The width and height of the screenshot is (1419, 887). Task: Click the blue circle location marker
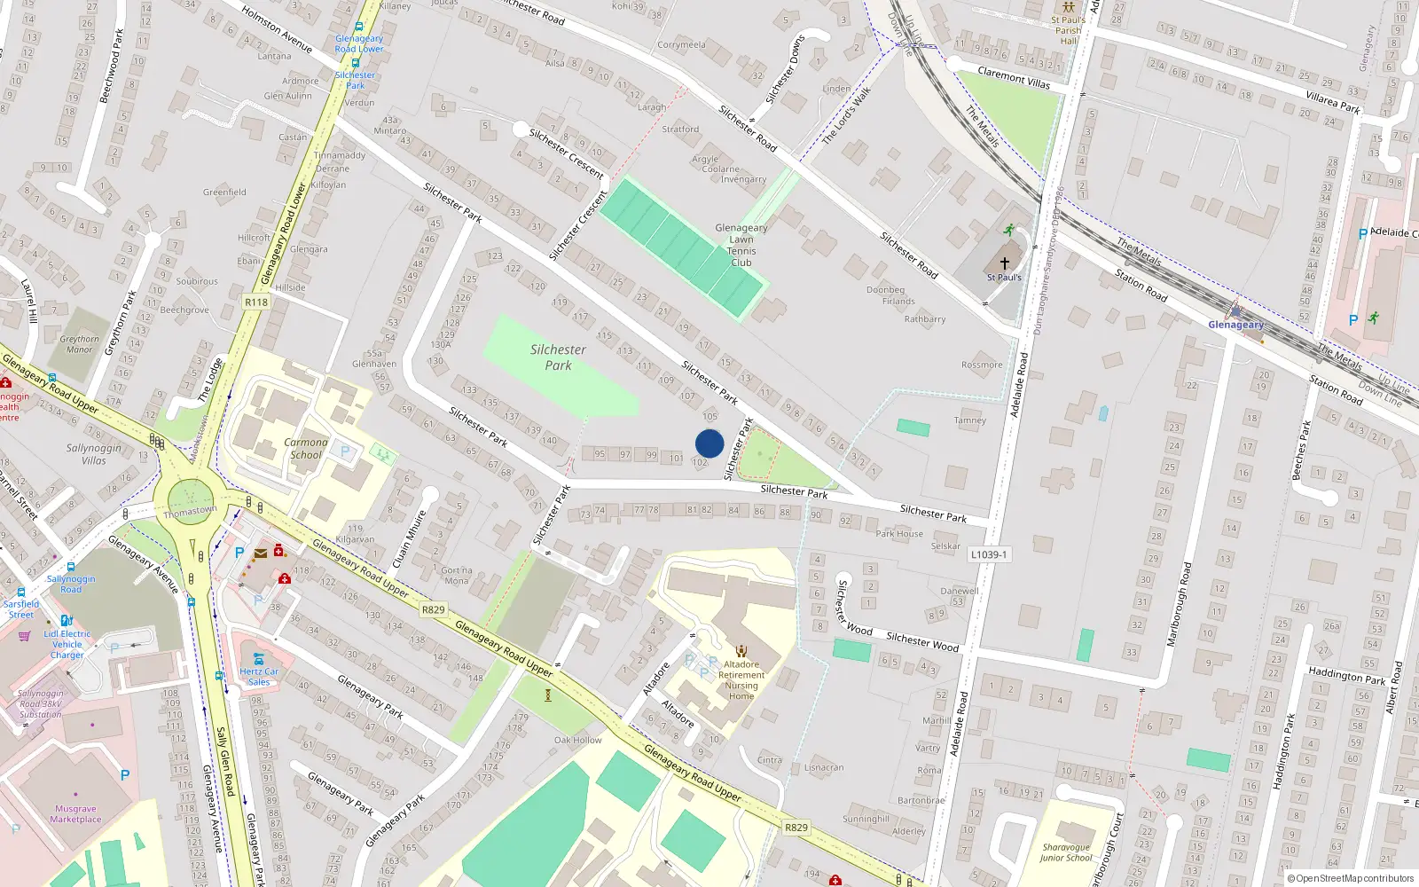point(709,443)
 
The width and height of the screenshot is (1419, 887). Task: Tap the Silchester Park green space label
point(558,357)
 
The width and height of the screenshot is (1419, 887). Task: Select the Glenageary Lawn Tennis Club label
point(741,245)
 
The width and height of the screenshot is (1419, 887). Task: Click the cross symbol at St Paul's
point(1005,263)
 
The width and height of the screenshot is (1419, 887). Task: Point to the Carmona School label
point(306,448)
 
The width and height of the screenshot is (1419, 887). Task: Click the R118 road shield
point(256,302)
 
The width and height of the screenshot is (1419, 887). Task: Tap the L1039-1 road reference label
point(989,554)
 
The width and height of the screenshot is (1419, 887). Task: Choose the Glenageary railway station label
point(1235,325)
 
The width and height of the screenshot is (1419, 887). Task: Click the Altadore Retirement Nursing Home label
point(741,679)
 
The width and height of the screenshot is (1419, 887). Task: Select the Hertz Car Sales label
point(259,676)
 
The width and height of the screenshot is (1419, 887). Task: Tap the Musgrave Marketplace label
point(75,813)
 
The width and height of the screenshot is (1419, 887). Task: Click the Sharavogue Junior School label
point(1066,852)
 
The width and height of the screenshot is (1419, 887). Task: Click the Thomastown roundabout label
point(190,511)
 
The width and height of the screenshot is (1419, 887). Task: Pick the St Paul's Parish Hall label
point(1068,30)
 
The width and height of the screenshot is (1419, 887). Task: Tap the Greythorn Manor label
point(80,344)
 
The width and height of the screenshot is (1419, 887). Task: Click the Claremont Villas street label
point(1014,77)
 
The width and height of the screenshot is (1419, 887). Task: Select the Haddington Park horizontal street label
point(1346,676)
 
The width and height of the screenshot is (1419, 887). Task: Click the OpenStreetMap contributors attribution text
point(1351,878)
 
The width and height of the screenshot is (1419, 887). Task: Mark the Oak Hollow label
point(577,740)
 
